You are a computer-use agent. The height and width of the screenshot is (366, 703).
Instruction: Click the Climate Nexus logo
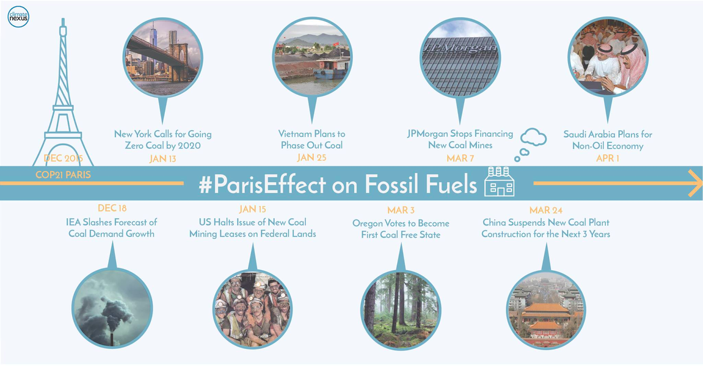(18, 17)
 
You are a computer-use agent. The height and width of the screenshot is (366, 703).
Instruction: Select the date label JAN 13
(163, 159)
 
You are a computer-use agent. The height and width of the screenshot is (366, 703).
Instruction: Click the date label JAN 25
(312, 158)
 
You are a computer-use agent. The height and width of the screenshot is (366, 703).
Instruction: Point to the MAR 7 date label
(460, 158)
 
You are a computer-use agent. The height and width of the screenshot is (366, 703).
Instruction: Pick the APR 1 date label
(608, 158)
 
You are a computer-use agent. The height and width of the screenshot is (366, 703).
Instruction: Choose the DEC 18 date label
(112, 208)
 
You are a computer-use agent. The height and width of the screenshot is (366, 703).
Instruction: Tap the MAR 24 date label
(546, 210)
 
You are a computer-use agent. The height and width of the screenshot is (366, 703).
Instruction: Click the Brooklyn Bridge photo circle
(163, 58)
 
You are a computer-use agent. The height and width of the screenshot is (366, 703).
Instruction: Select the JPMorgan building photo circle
(460, 58)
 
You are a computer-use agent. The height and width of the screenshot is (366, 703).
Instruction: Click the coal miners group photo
(253, 309)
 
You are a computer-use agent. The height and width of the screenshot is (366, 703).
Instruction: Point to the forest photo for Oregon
(401, 310)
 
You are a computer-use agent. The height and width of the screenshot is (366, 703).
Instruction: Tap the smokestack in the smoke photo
(112, 340)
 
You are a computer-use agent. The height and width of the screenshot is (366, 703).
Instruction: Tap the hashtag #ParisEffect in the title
(262, 185)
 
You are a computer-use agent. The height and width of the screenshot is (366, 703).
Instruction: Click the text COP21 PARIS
(63, 175)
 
